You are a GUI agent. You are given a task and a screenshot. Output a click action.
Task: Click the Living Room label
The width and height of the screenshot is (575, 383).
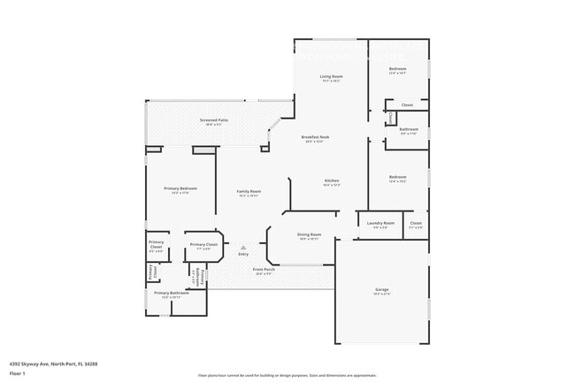(x=331, y=77)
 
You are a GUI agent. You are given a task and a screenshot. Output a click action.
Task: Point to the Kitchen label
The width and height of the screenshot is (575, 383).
(x=331, y=181)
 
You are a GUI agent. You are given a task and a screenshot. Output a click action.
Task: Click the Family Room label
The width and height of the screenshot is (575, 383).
(x=249, y=192)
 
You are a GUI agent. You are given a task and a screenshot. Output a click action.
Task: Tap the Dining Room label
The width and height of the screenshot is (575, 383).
(x=310, y=234)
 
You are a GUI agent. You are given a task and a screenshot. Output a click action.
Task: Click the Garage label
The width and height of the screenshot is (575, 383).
(x=381, y=289)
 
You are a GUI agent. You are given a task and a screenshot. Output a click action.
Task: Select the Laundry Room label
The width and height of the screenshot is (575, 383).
(x=380, y=223)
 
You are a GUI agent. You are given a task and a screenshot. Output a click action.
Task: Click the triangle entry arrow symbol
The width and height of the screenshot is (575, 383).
(x=243, y=247)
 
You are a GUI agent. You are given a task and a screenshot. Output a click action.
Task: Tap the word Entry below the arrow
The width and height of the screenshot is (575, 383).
(x=243, y=255)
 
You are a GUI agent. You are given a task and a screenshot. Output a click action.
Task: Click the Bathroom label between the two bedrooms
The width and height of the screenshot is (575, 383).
(x=409, y=129)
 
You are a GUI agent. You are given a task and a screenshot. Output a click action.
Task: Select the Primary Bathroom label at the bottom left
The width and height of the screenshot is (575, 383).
(x=172, y=293)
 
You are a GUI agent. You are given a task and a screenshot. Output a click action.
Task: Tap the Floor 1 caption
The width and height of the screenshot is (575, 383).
(x=17, y=373)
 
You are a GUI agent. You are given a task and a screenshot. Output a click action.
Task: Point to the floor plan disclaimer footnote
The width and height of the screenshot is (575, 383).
(x=287, y=375)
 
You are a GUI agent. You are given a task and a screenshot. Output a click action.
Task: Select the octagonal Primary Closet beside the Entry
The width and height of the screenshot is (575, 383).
(x=203, y=245)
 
